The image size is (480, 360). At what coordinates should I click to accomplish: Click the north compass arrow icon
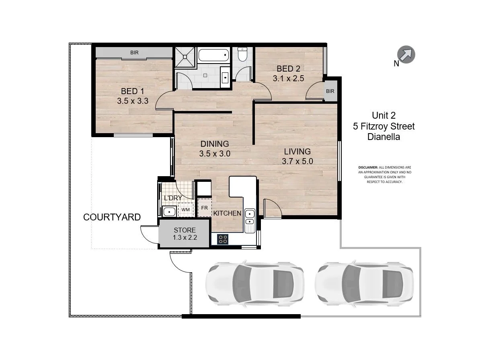pos(406,54)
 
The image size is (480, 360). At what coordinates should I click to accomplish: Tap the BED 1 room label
pos(133,91)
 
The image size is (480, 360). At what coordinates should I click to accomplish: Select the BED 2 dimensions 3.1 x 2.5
pos(286,79)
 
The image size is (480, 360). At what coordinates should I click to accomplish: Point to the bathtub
pos(214,55)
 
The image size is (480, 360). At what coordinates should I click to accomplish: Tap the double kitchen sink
pos(249,217)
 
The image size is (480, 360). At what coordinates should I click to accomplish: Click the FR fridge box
pos(205,208)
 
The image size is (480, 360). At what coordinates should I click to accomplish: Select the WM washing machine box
pos(185,210)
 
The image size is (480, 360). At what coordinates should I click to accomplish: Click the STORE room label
pos(185,230)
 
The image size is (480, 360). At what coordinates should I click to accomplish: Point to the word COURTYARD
pos(112,217)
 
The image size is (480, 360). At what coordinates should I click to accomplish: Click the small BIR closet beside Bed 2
pos(330,91)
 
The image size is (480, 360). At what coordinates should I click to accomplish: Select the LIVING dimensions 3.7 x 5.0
pos(297,161)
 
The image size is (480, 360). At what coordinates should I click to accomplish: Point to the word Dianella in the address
pos(384,137)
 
